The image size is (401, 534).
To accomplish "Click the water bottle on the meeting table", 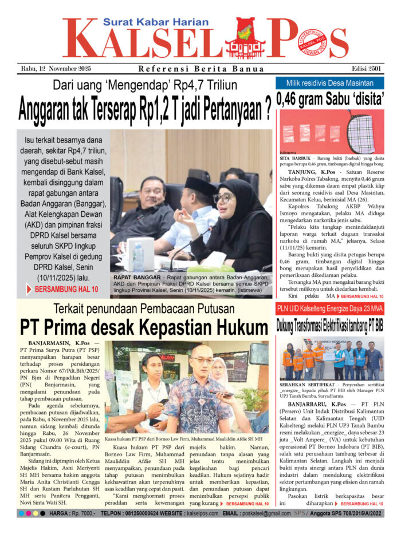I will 138,258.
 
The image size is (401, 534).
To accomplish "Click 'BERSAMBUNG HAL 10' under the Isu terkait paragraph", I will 66,290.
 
